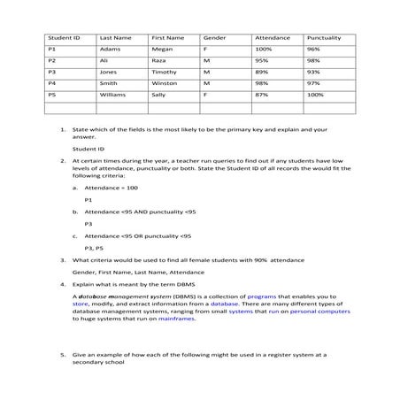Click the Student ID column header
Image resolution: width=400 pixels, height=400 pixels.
click(64, 40)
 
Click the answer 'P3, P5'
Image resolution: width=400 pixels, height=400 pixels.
click(95, 250)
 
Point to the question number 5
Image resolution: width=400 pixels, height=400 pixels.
click(64, 354)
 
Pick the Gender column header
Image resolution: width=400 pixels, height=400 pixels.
click(214, 40)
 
